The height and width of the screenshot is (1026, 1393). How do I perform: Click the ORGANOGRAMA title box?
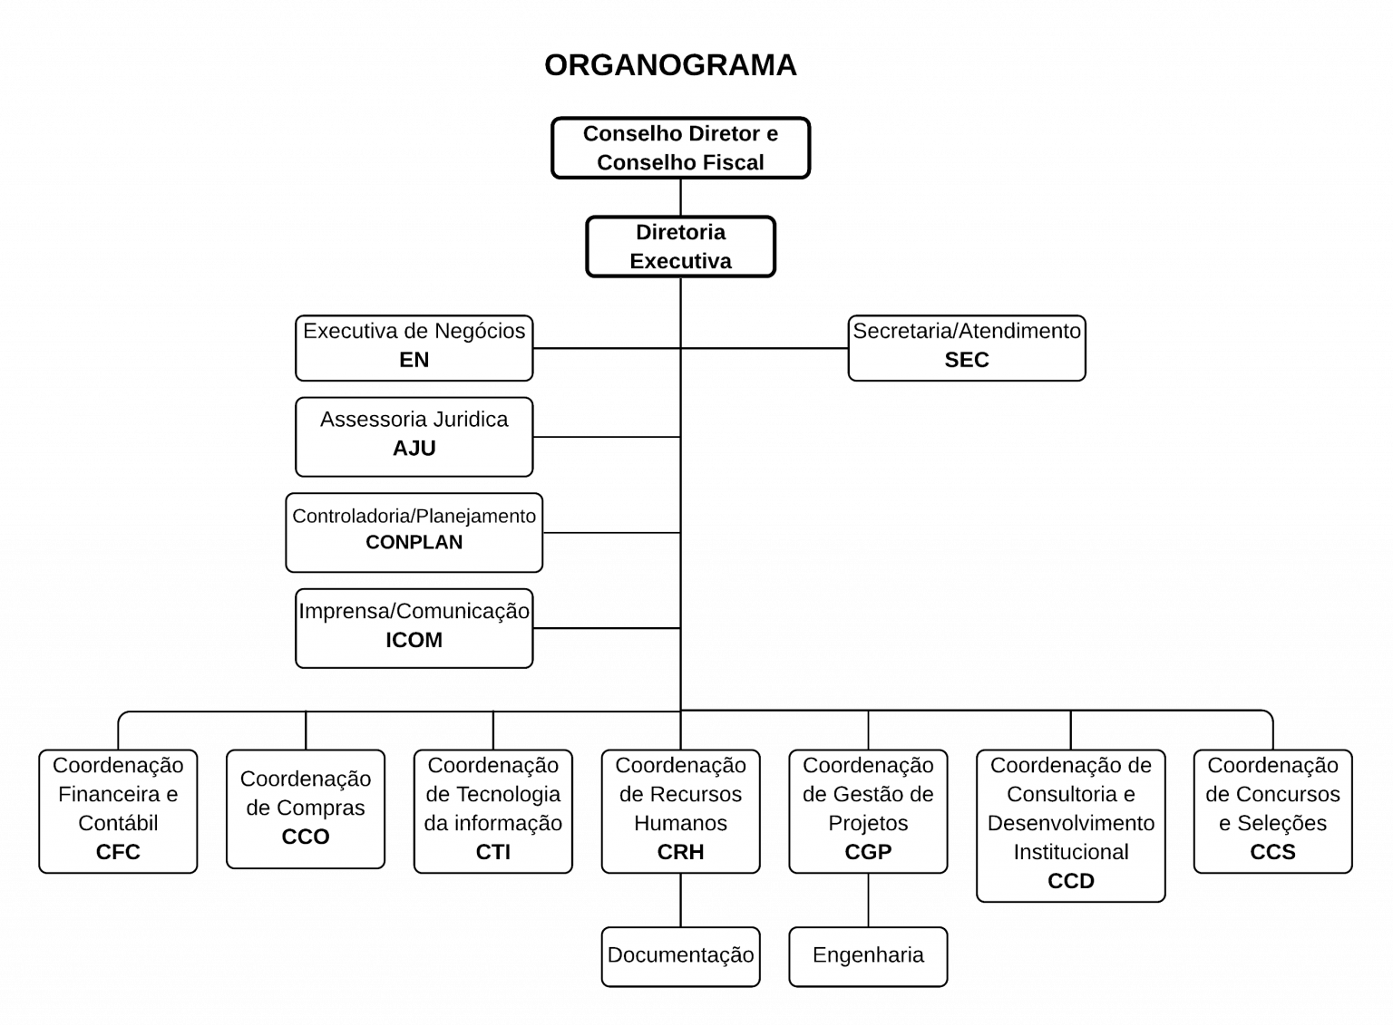(x=670, y=68)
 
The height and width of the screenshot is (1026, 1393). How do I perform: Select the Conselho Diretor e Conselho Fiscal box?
(x=680, y=148)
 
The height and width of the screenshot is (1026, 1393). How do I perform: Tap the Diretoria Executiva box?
(x=680, y=247)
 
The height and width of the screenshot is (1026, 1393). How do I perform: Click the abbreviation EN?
(x=414, y=360)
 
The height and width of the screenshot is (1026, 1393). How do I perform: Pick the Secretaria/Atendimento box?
(x=966, y=347)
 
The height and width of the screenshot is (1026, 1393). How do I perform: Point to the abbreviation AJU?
(x=414, y=449)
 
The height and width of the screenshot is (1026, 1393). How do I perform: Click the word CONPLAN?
(x=414, y=543)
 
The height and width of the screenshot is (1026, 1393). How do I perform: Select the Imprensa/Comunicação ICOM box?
(x=414, y=628)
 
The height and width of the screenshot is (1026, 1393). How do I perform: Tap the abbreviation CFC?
(x=118, y=852)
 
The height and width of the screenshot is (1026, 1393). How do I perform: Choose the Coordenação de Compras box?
(x=306, y=808)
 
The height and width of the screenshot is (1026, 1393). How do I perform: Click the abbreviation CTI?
(x=492, y=852)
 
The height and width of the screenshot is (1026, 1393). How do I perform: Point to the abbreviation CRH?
(x=680, y=852)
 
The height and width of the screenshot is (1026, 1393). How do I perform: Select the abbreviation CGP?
(x=868, y=852)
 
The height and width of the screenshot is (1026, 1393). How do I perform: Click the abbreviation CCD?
(x=1070, y=881)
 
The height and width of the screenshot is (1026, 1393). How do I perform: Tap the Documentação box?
(x=680, y=955)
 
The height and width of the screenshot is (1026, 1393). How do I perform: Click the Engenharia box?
(x=868, y=955)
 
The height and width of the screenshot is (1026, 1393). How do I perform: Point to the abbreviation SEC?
(x=966, y=360)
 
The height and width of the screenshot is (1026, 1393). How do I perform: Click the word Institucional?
(x=1070, y=852)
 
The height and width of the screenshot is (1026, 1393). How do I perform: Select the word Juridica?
(x=470, y=420)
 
